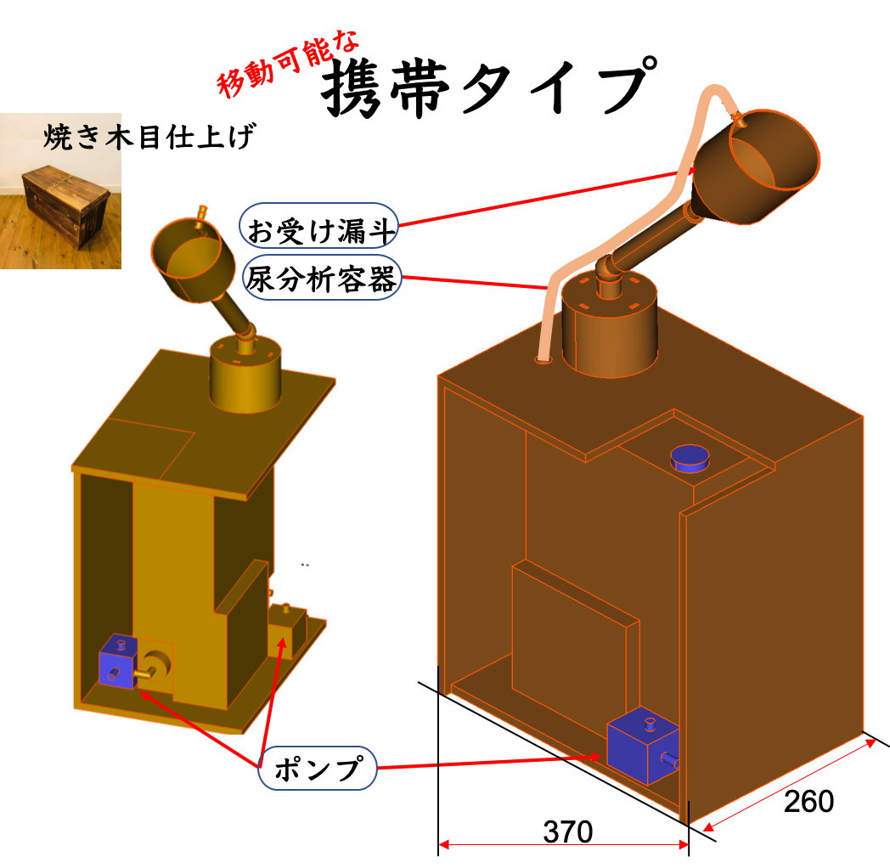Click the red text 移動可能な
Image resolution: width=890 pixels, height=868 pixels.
pyautogui.click(x=289, y=64)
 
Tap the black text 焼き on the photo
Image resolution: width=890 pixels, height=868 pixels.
pyautogui.click(x=71, y=137)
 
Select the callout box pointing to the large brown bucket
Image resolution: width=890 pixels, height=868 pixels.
pyautogui.click(x=318, y=225)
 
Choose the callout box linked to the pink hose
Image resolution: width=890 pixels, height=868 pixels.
pyautogui.click(x=321, y=277)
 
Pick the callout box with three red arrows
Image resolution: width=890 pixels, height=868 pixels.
pyautogui.click(x=317, y=768)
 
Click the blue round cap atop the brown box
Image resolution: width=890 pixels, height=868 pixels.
pyautogui.click(x=690, y=458)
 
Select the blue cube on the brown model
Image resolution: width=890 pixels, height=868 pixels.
pyautogui.click(x=642, y=745)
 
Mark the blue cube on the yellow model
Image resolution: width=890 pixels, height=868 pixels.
pyautogui.click(x=116, y=660)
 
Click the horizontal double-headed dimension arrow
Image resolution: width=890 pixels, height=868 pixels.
pyautogui.click(x=564, y=844)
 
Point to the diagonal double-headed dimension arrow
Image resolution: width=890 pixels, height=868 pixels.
pyautogui.click(x=789, y=785)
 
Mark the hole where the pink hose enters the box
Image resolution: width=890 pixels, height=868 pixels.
pyautogui.click(x=544, y=360)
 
